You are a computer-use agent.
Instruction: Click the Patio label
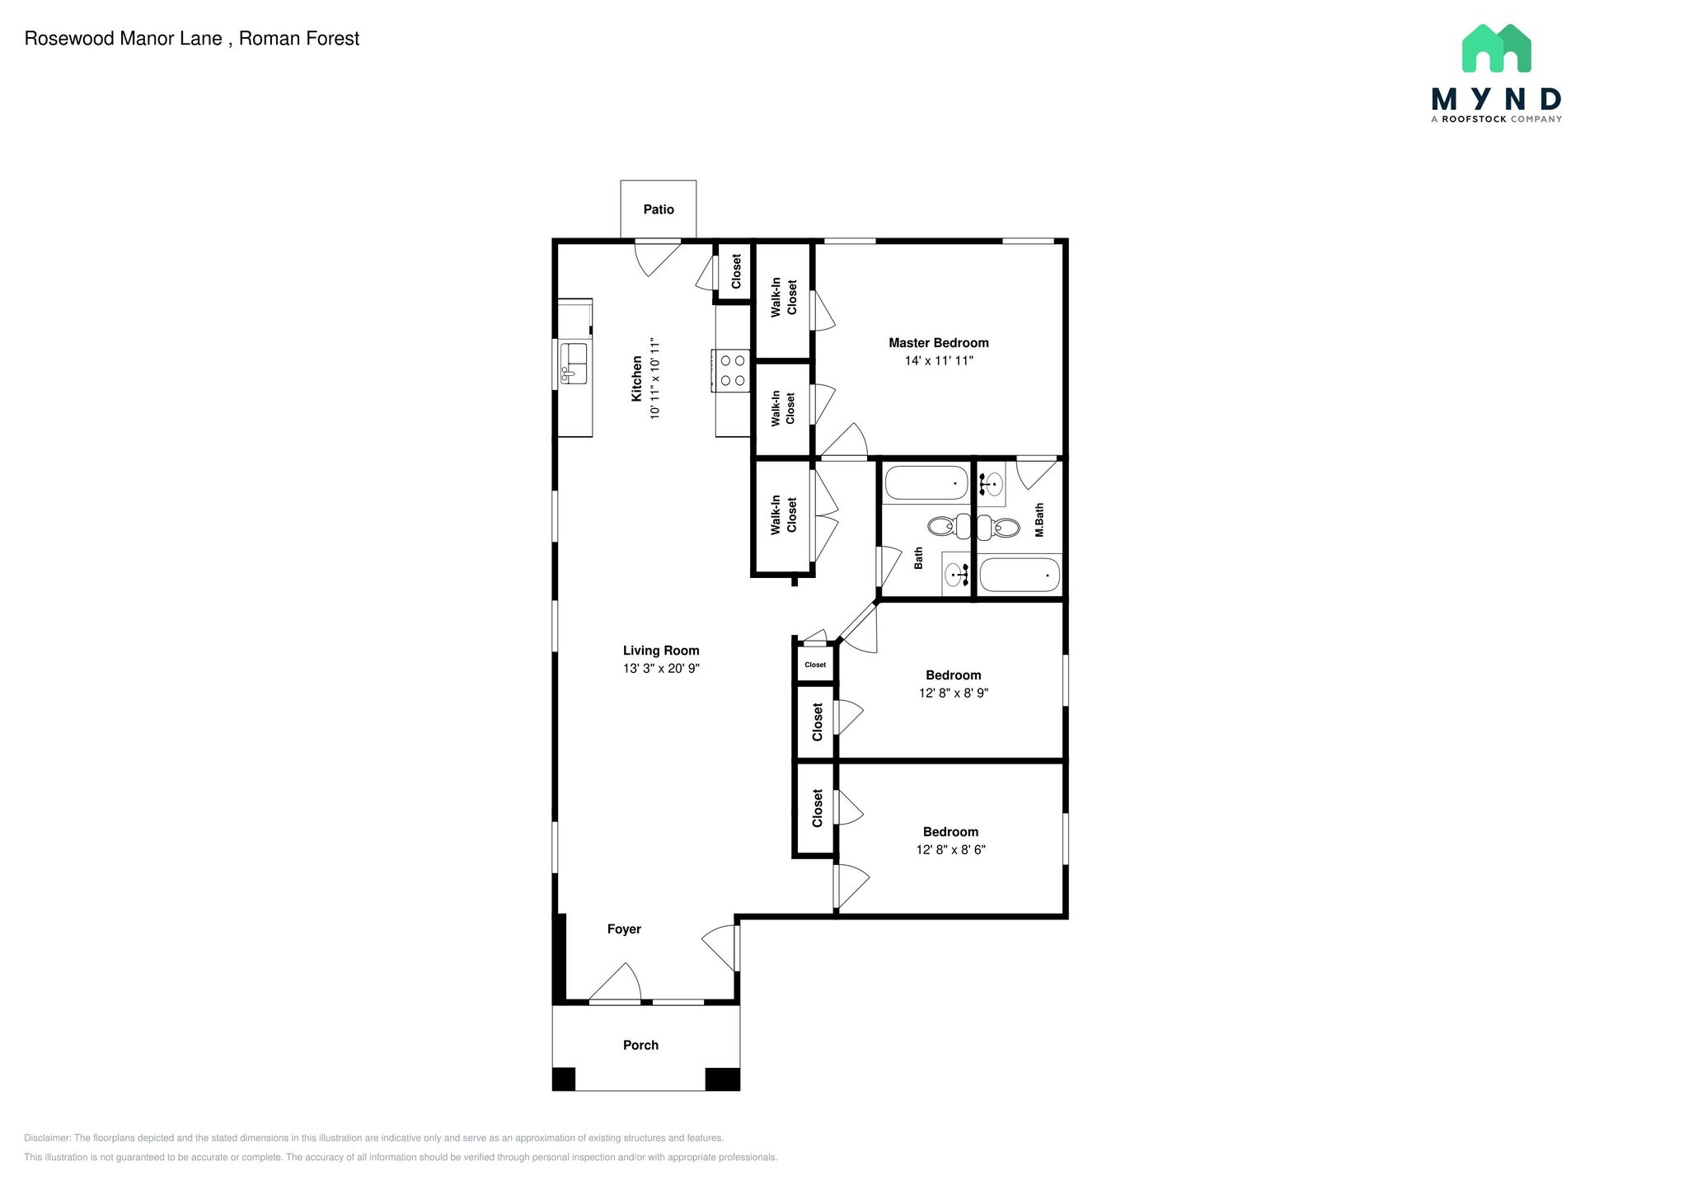click(659, 209)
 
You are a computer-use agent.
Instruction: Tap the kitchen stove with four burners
click(732, 369)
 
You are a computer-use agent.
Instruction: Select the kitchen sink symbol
click(574, 364)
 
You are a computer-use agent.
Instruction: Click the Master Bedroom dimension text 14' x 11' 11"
click(939, 360)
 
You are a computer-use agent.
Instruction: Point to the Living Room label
click(661, 651)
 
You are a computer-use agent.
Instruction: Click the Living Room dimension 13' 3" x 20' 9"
click(661, 669)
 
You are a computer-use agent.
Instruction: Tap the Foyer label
click(624, 929)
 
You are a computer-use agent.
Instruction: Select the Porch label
click(640, 1046)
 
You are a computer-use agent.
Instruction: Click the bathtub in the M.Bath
click(1019, 575)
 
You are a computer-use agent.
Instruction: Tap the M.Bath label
click(1039, 520)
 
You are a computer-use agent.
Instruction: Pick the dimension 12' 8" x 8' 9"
click(954, 693)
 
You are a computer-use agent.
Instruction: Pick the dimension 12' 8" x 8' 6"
click(950, 850)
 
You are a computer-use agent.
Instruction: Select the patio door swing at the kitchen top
click(656, 256)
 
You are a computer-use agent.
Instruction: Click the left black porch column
click(563, 1079)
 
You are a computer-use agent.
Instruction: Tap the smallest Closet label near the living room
click(815, 665)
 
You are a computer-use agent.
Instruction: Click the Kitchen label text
click(636, 378)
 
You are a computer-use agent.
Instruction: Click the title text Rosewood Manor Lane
click(124, 39)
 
